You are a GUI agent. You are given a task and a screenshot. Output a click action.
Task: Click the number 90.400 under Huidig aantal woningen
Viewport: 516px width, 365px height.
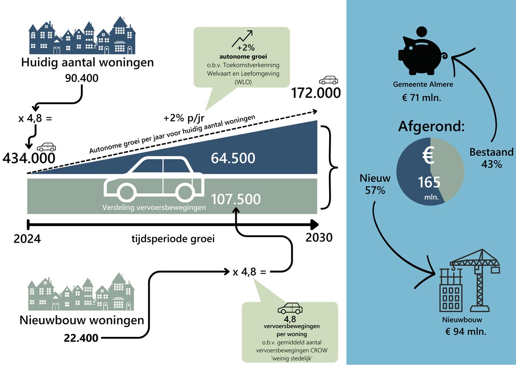81,79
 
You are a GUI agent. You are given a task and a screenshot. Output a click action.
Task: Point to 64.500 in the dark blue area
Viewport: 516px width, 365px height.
233,158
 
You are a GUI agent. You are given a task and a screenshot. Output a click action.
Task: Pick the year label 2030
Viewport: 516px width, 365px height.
318,237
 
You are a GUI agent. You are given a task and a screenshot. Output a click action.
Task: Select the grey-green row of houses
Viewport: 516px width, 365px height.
81,293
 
